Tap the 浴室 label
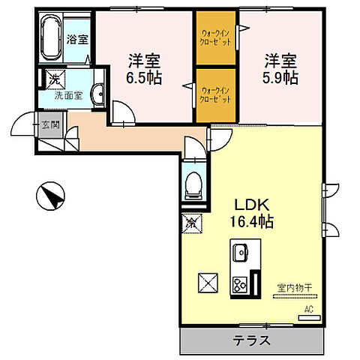77,39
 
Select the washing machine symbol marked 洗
55,79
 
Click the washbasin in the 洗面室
98,94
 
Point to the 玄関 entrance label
51,124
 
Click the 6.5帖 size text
144,78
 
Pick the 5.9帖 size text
280,78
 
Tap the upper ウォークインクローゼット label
215,37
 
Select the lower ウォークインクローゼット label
215,95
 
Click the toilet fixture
193,185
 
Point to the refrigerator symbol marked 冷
192,223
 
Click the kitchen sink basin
240,253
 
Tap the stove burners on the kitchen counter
240,285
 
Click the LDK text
252,205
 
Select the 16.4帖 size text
251,221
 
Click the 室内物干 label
295,288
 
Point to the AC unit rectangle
310,318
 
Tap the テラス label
252,340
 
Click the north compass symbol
50,196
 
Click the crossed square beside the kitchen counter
208,283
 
